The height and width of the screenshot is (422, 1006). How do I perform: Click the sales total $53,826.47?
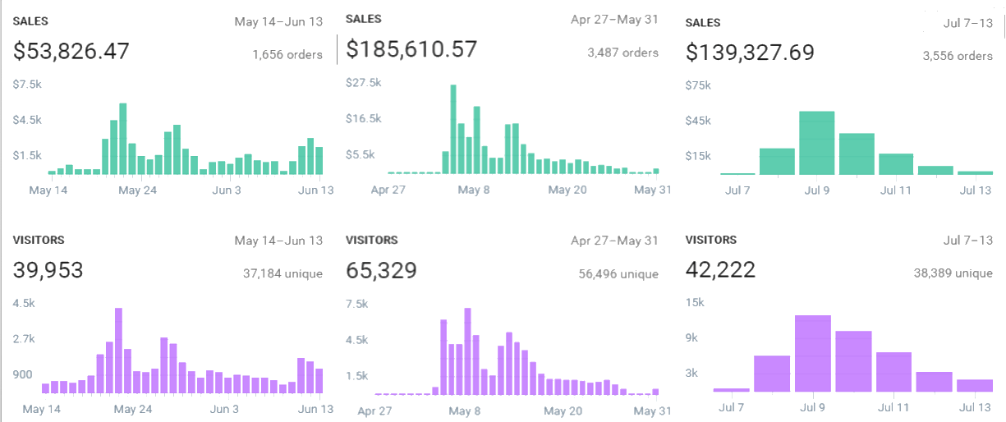tap(71, 52)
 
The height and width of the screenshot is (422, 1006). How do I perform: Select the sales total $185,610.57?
tap(411, 50)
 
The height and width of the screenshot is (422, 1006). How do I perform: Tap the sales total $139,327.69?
tap(750, 53)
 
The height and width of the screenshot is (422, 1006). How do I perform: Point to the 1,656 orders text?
tap(287, 55)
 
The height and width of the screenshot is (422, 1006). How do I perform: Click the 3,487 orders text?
tap(622, 53)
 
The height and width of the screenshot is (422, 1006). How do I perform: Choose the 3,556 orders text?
tap(958, 56)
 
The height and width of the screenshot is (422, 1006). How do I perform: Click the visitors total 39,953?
tap(48, 270)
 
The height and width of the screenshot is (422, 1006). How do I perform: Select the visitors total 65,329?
tap(382, 270)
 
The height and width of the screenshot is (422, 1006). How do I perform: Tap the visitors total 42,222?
tap(720, 270)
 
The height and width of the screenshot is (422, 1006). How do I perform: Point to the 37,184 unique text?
tap(283, 273)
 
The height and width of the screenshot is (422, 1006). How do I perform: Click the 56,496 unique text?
tap(618, 273)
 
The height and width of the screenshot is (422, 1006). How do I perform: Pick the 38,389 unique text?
tap(953, 273)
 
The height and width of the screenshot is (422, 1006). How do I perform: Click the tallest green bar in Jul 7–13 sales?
tap(816, 143)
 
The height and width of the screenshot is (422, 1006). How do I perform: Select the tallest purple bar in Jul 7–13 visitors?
tap(812, 353)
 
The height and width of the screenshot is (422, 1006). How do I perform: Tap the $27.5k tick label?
tap(364, 83)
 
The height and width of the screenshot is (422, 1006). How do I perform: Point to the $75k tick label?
tap(698, 85)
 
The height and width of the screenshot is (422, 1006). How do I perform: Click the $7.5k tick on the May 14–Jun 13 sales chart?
tap(27, 85)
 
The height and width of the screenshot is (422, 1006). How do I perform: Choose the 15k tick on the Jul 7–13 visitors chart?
tap(695, 302)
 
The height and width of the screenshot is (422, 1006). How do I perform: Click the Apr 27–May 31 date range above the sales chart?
tap(614, 19)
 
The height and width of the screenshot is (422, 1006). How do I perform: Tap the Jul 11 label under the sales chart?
tap(895, 190)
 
